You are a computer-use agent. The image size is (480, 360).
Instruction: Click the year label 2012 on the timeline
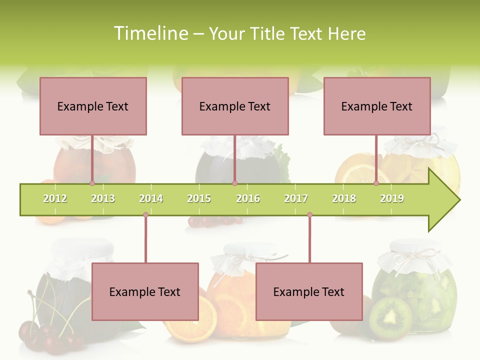(x=55, y=198)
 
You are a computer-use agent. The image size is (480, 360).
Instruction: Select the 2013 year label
(x=103, y=198)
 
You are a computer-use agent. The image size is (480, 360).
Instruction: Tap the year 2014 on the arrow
(x=151, y=198)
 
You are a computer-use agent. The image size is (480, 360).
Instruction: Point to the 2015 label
(x=199, y=198)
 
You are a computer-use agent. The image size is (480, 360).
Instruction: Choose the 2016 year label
(x=248, y=198)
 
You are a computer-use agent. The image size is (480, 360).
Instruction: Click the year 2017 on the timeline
(x=296, y=198)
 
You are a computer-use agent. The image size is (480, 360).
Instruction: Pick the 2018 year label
(x=344, y=198)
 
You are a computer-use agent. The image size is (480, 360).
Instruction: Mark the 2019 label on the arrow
(x=392, y=198)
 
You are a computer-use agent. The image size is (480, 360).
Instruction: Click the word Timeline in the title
(x=150, y=33)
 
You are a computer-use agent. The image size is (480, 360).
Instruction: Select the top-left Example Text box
(x=93, y=106)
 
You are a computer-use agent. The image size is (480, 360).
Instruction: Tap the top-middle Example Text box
(x=235, y=106)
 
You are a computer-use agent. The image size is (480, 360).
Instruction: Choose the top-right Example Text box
(x=377, y=106)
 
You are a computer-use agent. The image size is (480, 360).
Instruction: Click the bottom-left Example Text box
(x=145, y=291)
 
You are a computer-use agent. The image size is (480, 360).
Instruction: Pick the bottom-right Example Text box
(x=309, y=291)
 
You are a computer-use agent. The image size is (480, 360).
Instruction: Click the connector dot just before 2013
(x=92, y=183)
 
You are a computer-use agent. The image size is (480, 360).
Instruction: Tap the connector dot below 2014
(x=145, y=215)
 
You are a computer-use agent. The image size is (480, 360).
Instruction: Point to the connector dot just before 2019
(x=376, y=183)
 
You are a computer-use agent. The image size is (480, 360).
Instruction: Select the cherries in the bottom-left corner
(x=45, y=335)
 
